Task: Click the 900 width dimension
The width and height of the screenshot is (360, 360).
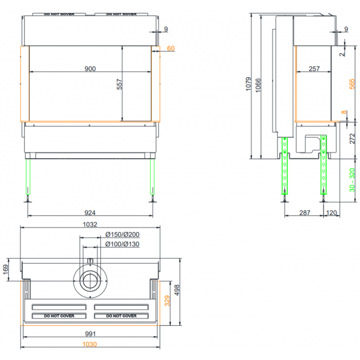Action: pyautogui.click(x=90, y=69)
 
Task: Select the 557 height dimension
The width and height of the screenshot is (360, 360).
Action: pyautogui.click(x=120, y=84)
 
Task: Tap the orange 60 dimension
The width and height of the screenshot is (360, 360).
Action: pyautogui.click(x=171, y=48)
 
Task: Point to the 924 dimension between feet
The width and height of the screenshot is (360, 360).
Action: pyautogui.click(x=90, y=213)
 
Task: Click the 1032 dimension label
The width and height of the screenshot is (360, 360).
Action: pyautogui.click(x=90, y=224)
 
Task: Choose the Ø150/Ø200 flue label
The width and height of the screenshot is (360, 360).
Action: pyautogui.click(x=122, y=234)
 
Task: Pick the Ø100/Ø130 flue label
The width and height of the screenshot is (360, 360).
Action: pyautogui.click(x=122, y=244)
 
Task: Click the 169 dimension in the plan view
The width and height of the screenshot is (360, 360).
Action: pyautogui.click(x=6, y=270)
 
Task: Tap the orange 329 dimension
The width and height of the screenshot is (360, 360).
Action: pyautogui.click(x=167, y=301)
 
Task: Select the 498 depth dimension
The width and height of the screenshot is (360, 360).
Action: pyautogui.click(x=177, y=290)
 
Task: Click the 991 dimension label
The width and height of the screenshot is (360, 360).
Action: pyautogui.click(x=90, y=333)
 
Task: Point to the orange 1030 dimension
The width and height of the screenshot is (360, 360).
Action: pyautogui.click(x=90, y=344)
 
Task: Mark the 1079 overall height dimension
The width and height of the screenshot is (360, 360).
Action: pyautogui.click(x=249, y=84)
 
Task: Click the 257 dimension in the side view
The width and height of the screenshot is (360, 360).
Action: pyautogui.click(x=314, y=69)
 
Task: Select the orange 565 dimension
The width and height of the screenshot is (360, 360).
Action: pyautogui.click(x=352, y=84)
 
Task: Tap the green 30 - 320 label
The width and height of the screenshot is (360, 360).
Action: pyautogui.click(x=352, y=180)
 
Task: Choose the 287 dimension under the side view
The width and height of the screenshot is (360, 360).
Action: pyautogui.click(x=305, y=213)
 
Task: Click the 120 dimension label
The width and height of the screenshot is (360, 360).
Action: pyautogui.click(x=331, y=213)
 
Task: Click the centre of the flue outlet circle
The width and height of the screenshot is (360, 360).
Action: pyautogui.click(x=90, y=281)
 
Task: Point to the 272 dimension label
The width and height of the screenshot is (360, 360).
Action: pyautogui.click(x=352, y=138)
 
